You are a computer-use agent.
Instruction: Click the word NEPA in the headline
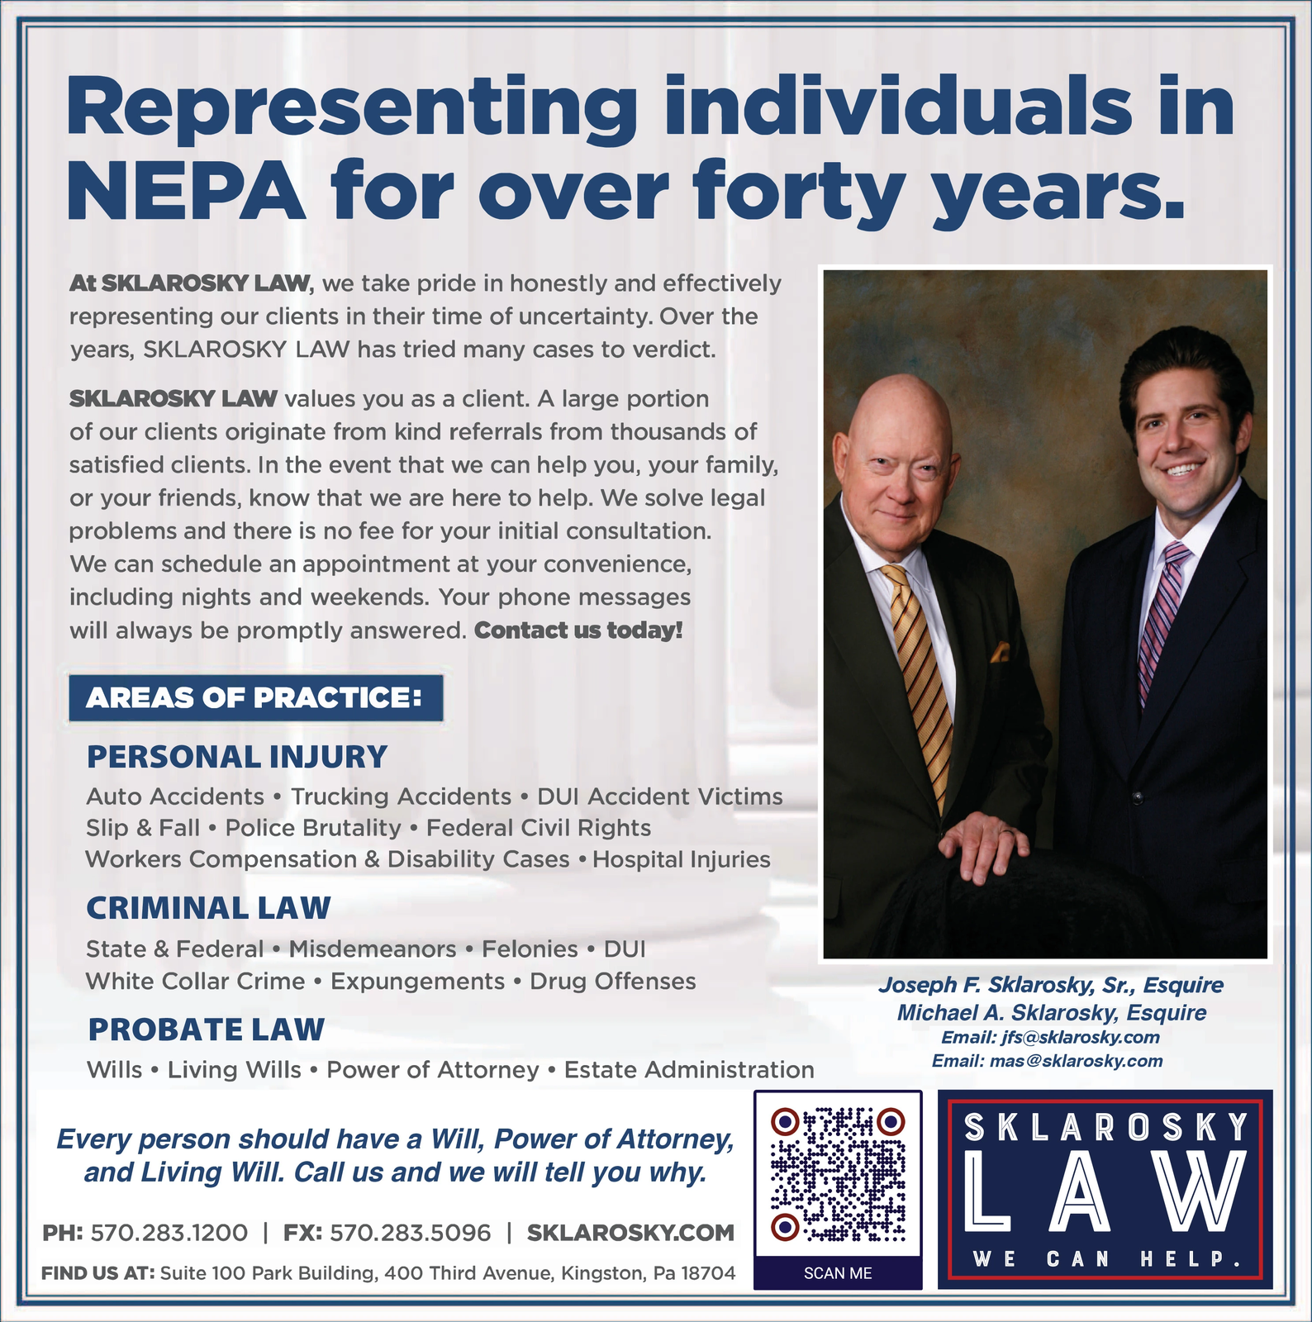[185, 192]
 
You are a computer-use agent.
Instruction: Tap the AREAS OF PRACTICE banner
[255, 698]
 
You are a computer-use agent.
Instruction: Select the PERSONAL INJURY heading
[237, 757]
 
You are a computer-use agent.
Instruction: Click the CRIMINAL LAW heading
[208, 908]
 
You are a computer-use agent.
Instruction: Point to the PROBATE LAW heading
[207, 1030]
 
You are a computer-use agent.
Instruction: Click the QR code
[838, 1174]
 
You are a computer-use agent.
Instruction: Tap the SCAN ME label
[838, 1273]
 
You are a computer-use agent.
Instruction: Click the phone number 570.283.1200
[169, 1233]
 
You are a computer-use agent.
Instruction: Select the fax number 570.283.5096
[410, 1233]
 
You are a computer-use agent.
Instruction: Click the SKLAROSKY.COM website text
[630, 1233]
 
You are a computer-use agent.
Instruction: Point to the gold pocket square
[1001, 653]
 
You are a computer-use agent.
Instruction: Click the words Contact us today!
[578, 630]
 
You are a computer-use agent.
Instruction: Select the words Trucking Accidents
[401, 797]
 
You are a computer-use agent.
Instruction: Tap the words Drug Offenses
[612, 982]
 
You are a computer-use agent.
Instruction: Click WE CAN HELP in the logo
[1105, 1260]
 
